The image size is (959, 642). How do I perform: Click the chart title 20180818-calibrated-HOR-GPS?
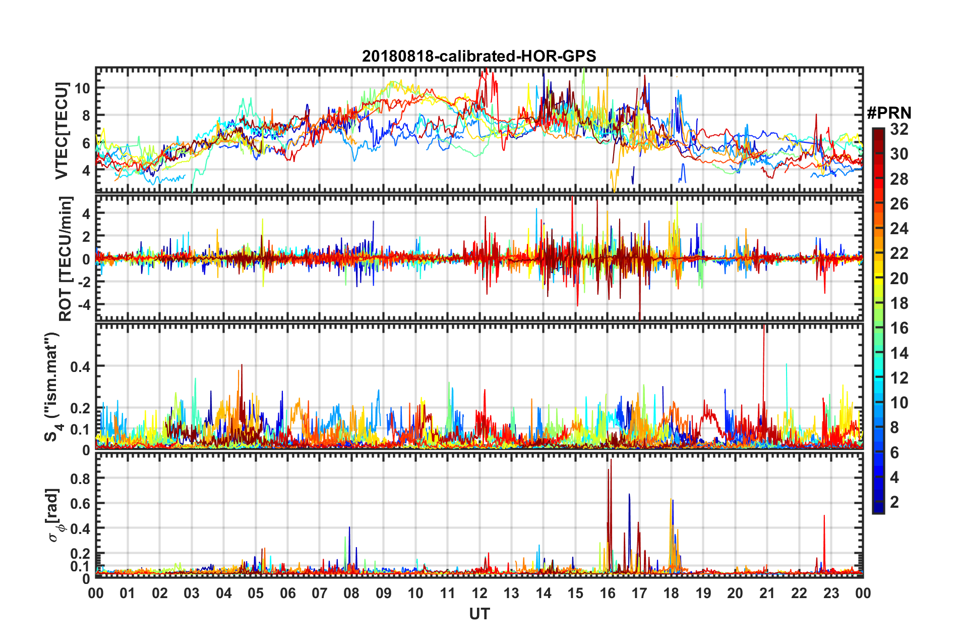pyautogui.click(x=479, y=56)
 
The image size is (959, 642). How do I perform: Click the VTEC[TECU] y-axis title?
pyautogui.click(x=62, y=131)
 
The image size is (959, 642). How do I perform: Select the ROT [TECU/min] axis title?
pyautogui.click(x=66, y=259)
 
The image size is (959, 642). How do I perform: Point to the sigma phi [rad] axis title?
pyautogui.click(x=55, y=515)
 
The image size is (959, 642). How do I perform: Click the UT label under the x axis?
pyautogui.click(x=479, y=614)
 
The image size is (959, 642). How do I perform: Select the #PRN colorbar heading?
pyautogui.click(x=889, y=113)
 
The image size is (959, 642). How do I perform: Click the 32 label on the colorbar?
pyautogui.click(x=899, y=129)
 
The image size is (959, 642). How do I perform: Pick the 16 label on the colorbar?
pyautogui.click(x=899, y=328)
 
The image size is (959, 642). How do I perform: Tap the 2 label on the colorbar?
pyautogui.click(x=894, y=502)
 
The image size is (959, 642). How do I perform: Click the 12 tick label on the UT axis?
pyautogui.click(x=479, y=593)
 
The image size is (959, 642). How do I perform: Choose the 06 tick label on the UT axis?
pyautogui.click(x=287, y=593)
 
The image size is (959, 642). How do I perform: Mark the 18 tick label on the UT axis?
pyautogui.click(x=671, y=593)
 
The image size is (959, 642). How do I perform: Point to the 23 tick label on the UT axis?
pyautogui.click(x=831, y=593)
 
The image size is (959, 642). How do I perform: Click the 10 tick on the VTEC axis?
pyautogui.click(x=82, y=88)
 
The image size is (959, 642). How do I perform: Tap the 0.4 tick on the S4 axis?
pyautogui.click(x=80, y=366)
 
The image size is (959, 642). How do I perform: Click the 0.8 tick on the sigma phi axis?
pyautogui.click(x=80, y=478)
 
